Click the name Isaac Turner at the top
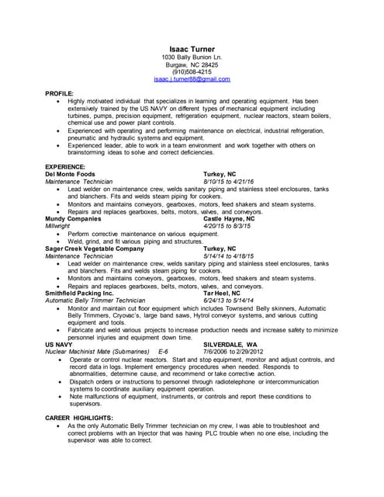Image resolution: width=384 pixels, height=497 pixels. point(192,50)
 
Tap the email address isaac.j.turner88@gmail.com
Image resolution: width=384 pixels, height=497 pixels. point(192,79)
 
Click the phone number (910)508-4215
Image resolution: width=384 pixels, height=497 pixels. point(192,72)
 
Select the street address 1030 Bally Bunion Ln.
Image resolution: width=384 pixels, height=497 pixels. point(192,57)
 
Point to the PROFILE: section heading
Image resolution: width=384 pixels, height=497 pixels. point(60,93)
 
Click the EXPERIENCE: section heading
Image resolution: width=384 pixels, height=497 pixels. point(67,167)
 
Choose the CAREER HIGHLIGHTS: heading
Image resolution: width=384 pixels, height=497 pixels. point(80,419)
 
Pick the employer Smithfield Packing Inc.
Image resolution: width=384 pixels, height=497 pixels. point(80,293)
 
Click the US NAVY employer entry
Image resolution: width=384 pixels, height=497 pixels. point(60,343)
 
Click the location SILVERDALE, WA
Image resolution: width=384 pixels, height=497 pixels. point(230,343)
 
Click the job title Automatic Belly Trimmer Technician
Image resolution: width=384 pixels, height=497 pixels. point(95,301)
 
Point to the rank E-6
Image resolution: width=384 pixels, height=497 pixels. point(164,351)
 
